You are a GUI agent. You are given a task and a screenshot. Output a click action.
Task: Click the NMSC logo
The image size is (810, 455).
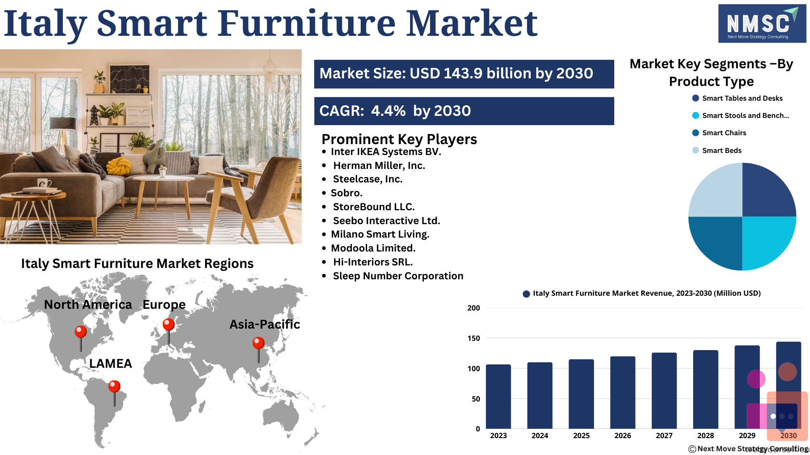(762, 24)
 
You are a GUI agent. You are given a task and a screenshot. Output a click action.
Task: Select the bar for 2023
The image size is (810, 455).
(498, 396)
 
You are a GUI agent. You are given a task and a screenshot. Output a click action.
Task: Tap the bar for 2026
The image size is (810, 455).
(623, 393)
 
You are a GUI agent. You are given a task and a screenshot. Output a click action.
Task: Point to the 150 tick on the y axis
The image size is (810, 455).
(473, 338)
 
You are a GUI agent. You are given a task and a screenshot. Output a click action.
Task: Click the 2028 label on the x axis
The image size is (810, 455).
(705, 436)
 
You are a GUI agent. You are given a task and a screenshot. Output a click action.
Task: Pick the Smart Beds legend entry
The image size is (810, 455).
(717, 150)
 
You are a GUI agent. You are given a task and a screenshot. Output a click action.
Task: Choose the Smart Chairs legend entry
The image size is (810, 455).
(719, 133)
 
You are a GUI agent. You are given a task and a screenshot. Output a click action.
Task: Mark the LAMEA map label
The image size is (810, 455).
(111, 363)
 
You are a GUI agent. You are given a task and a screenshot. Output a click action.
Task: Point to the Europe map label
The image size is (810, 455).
(164, 305)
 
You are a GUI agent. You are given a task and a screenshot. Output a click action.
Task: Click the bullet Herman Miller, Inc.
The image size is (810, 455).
(379, 166)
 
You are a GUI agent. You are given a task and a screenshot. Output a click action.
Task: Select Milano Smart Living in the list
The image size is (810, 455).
(380, 234)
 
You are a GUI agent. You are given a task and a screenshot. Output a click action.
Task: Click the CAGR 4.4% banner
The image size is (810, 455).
(464, 111)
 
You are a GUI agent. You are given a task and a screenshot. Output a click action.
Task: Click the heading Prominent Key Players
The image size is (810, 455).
(399, 139)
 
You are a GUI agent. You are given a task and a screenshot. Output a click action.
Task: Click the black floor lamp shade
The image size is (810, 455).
(63, 123)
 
